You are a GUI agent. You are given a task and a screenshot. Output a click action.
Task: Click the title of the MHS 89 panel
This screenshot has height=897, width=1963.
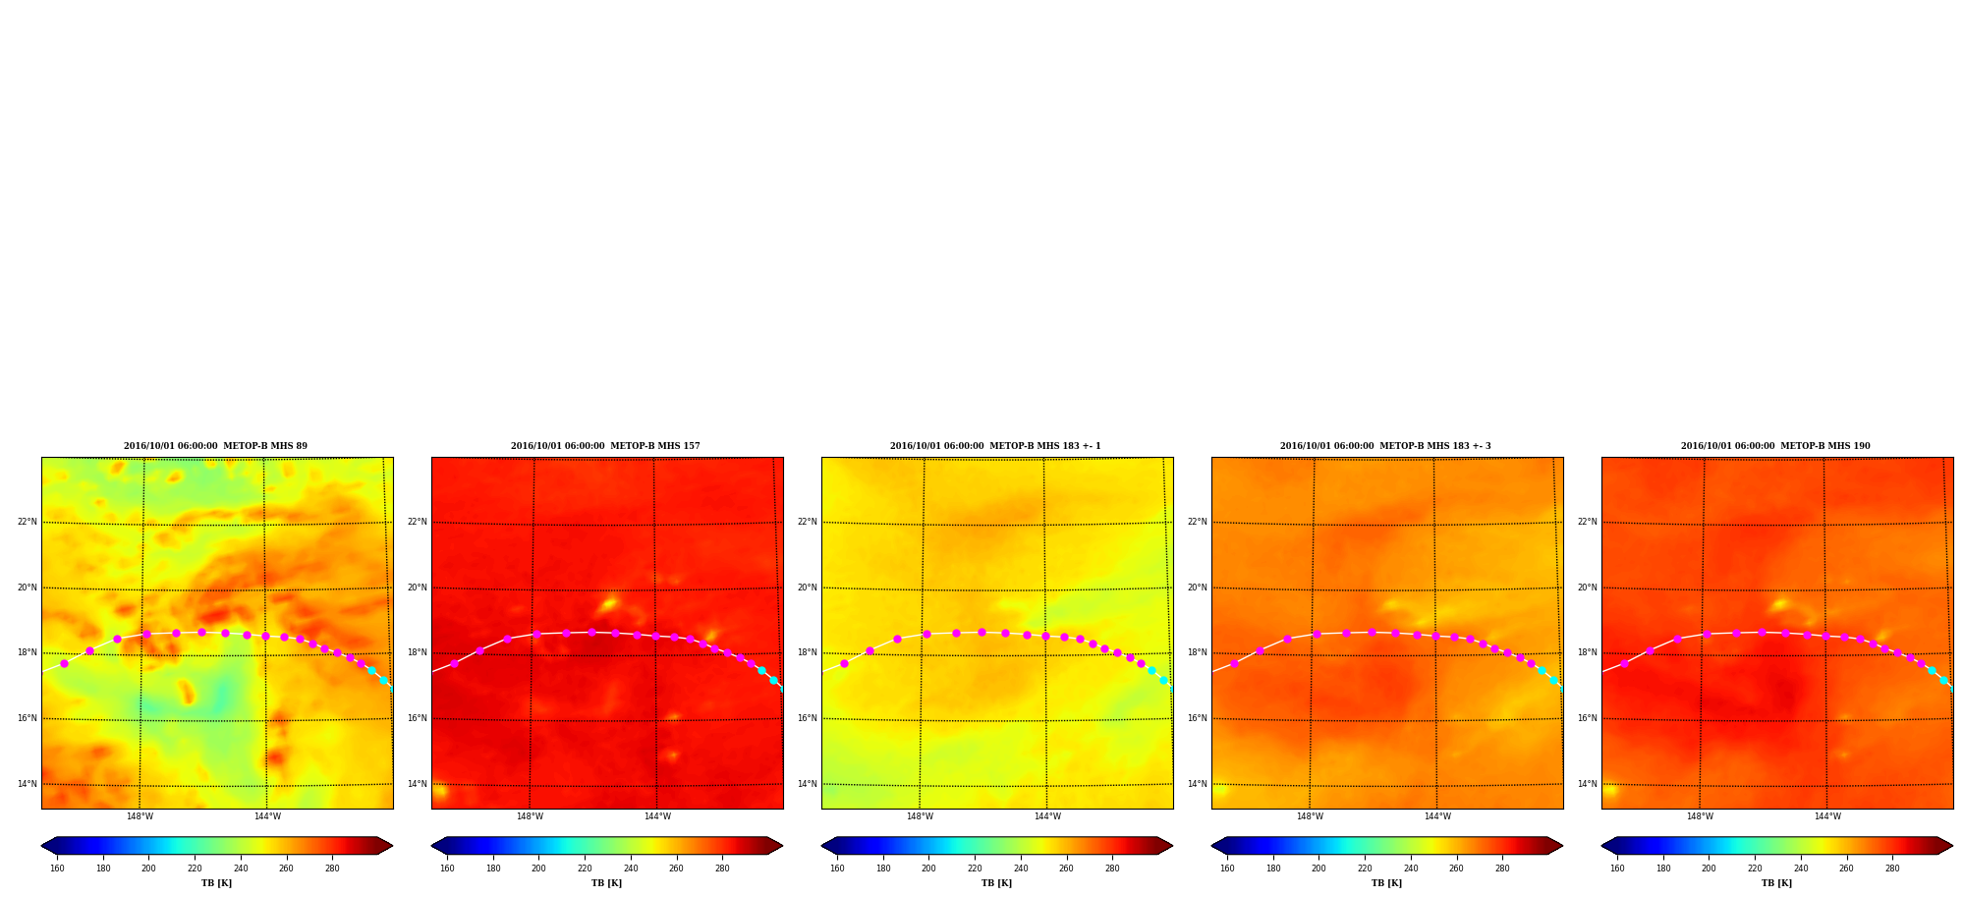(x=215, y=446)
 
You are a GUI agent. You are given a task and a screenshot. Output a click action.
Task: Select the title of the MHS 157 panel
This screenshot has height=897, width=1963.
(x=605, y=446)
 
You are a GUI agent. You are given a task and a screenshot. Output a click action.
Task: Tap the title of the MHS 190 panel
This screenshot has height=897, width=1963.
(x=1775, y=446)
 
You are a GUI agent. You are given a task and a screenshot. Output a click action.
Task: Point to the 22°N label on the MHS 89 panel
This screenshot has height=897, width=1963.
(x=28, y=522)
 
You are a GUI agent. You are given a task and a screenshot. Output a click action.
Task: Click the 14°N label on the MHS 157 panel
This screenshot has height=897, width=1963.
(x=418, y=784)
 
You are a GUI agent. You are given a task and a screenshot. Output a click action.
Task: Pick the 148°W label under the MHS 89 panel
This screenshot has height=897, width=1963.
(x=140, y=816)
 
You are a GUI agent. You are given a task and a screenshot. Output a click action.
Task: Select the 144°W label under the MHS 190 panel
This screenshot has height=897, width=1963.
(x=1827, y=816)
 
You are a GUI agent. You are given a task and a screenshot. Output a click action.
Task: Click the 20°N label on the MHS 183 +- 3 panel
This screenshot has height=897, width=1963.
(x=1198, y=588)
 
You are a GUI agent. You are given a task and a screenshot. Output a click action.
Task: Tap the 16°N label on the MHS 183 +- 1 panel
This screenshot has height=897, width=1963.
(x=808, y=718)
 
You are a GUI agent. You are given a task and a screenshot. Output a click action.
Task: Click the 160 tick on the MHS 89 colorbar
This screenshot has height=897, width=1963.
(x=57, y=869)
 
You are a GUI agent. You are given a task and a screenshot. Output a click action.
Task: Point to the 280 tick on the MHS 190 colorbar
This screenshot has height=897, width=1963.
(x=1892, y=869)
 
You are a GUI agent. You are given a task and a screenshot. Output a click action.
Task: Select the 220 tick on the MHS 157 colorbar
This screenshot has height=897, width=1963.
(x=585, y=869)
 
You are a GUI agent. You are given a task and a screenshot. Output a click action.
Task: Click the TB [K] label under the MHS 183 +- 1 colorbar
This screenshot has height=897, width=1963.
(x=996, y=883)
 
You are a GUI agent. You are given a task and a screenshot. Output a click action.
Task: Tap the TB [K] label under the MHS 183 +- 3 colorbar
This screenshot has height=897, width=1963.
(x=1386, y=883)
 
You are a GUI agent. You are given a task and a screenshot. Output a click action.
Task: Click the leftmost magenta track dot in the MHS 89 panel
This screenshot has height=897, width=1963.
(x=65, y=663)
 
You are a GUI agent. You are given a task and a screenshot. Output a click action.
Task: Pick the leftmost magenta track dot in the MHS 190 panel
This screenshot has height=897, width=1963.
(x=1625, y=663)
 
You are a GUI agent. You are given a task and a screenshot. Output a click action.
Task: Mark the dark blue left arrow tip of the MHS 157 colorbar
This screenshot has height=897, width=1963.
(x=432, y=846)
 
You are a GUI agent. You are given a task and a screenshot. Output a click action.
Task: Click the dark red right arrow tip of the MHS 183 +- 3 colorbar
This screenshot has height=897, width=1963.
(x=1562, y=846)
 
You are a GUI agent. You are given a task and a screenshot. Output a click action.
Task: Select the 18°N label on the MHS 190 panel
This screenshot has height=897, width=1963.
(x=1588, y=652)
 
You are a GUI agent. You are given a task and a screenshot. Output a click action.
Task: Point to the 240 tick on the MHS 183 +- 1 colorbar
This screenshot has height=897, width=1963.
(x=1021, y=869)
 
